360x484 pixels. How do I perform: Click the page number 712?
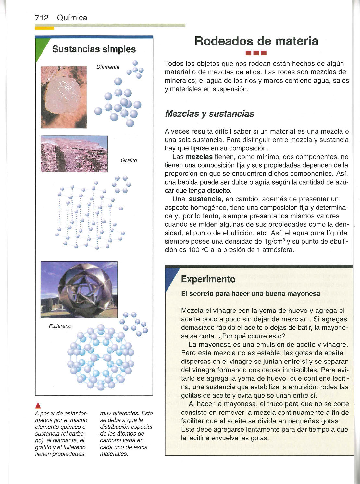point(42,18)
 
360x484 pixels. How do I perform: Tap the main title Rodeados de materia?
point(256,41)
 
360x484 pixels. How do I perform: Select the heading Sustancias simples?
point(94,49)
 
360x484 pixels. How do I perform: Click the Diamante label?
point(108,67)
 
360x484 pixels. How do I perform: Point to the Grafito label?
point(129,160)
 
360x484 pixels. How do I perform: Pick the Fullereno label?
point(60,326)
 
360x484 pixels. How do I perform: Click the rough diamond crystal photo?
point(64,97)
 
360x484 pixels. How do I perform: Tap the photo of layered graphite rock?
point(74,154)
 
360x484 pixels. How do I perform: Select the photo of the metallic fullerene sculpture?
point(79,290)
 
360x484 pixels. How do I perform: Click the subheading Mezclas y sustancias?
point(209,114)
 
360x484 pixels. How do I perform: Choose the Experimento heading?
point(208,279)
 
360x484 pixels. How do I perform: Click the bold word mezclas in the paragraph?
point(199,157)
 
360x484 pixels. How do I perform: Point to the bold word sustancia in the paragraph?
point(205,199)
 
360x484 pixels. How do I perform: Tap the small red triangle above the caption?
point(38,405)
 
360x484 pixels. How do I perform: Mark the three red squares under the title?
point(256,53)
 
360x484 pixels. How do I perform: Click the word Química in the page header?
point(72,18)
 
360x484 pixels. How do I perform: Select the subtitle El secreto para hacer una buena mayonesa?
point(251,294)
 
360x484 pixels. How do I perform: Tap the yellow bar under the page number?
point(44,28)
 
